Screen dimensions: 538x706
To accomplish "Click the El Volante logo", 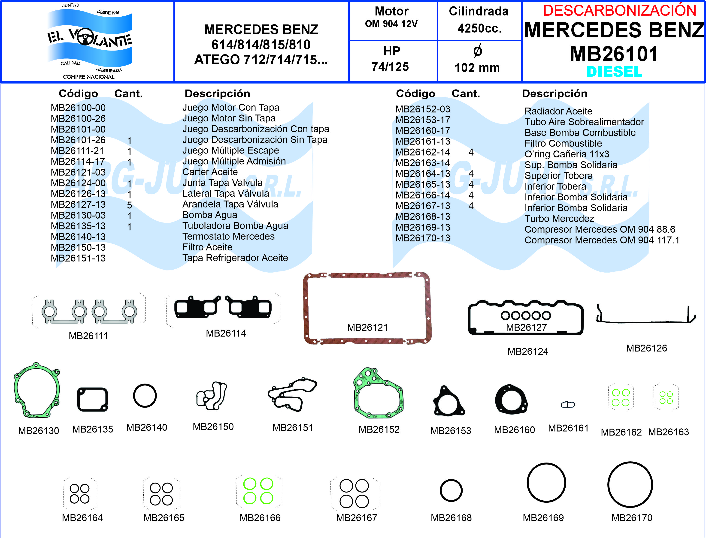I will point(89,41).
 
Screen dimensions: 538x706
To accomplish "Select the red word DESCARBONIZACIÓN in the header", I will point(619,11).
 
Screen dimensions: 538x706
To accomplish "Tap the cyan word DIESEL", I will point(614,72).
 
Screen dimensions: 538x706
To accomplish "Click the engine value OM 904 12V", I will point(391,24).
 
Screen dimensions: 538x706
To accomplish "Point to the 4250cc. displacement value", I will point(479,28).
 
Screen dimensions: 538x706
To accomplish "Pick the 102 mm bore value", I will point(477,68).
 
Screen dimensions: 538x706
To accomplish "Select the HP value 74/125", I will point(390,67).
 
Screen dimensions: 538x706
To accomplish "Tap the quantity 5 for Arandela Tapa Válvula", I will point(130,205).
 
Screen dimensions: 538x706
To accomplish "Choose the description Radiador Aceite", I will point(558,111).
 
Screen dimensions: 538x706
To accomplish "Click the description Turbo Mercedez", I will point(559,219).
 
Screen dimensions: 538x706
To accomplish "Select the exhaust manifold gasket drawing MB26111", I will point(89,311).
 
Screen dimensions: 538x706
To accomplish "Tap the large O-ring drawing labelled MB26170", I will point(630,484).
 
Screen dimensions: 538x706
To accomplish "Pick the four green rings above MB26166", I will point(258,491).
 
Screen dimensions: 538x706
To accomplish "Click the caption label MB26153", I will point(451,431).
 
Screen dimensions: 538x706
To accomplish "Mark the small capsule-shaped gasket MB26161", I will point(568,405).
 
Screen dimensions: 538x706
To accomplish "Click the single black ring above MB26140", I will point(145,396).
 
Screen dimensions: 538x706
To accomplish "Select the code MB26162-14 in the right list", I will point(423,152).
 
